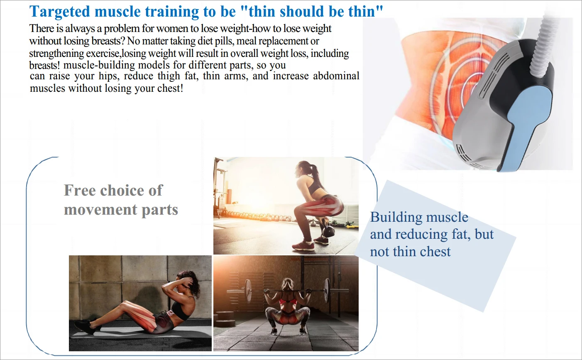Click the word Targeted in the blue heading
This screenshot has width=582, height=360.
[60, 12]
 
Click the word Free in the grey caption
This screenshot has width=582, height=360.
[80, 190]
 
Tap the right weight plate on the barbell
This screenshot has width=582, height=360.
[326, 290]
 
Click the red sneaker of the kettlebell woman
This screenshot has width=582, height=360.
[303, 246]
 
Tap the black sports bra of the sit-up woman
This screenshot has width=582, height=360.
[181, 311]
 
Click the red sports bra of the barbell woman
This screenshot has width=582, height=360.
[288, 302]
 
